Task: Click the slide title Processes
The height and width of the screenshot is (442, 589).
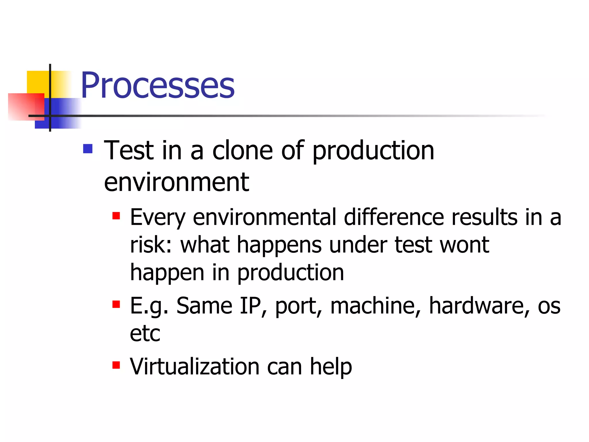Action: click(158, 85)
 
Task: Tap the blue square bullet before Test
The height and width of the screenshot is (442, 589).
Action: click(88, 149)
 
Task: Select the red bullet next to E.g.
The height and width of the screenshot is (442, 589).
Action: click(116, 304)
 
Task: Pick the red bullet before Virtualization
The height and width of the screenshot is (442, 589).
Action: click(116, 365)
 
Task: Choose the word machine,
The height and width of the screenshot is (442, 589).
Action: click(375, 306)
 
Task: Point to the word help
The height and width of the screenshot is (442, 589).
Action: click(331, 367)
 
